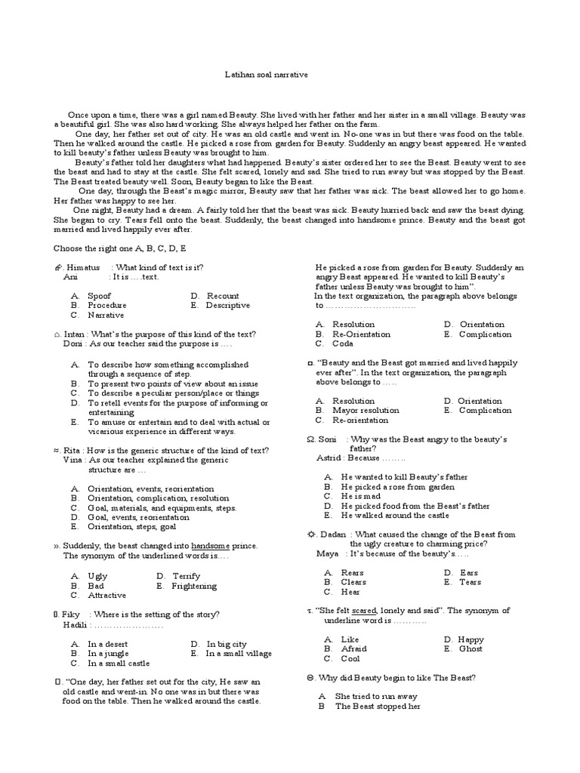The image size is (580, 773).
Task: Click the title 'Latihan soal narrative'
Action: [x=266, y=75]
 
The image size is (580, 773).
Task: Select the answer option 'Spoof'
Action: [x=99, y=296]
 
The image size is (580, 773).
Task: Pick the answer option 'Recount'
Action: [x=223, y=296]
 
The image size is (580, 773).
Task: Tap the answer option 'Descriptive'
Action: [x=228, y=306]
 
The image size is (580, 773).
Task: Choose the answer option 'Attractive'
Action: [x=106, y=595]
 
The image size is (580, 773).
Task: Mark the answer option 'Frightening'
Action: [x=194, y=586]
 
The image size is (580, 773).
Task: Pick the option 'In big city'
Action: [x=227, y=644]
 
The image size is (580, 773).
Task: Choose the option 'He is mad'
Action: [x=360, y=497]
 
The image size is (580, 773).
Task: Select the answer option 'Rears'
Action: [x=353, y=573]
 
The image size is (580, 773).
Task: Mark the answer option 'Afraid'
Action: [x=353, y=648]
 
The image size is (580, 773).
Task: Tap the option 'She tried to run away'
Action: [x=376, y=697]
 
